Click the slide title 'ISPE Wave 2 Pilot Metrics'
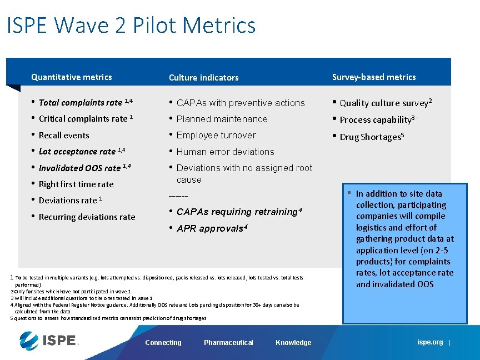tap(131, 26)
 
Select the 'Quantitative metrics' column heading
tap(71, 77)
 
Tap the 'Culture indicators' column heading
tap(203, 78)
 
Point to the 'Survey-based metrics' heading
tap(373, 77)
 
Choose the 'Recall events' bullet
tap(64, 135)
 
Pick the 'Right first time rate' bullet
tap(76, 184)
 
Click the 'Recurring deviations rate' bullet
tap(87, 217)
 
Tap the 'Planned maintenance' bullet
tap(222, 119)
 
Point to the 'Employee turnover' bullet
tap(216, 135)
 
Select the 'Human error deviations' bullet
tap(225, 152)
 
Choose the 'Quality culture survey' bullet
tap(386, 103)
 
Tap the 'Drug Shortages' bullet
tap(371, 137)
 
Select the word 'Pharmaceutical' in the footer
tap(228, 343)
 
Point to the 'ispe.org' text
tap(430, 342)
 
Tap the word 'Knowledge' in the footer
tap(293, 343)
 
